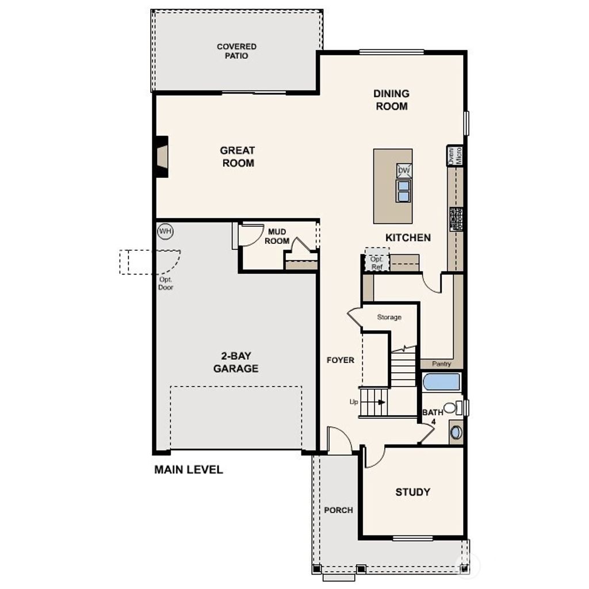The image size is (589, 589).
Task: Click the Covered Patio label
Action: pyautogui.click(x=236, y=51)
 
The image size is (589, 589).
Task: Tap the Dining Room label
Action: pyautogui.click(x=391, y=100)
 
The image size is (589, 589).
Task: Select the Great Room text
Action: pyautogui.click(x=237, y=156)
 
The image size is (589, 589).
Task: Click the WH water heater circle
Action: pyautogui.click(x=165, y=231)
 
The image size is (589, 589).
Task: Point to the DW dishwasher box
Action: pyautogui.click(x=404, y=170)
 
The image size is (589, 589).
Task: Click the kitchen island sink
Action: pyautogui.click(x=404, y=191)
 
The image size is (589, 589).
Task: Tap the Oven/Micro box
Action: pyautogui.click(x=455, y=155)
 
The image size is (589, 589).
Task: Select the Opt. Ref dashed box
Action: pyautogui.click(x=377, y=262)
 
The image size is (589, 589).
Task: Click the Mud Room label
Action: pyautogui.click(x=277, y=236)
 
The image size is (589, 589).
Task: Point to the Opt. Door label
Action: pyautogui.click(x=166, y=283)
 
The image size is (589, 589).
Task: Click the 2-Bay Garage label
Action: pyautogui.click(x=236, y=362)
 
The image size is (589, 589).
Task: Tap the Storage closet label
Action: pyautogui.click(x=389, y=317)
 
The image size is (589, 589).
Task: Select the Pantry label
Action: pyautogui.click(x=441, y=364)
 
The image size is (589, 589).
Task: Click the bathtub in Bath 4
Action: pyautogui.click(x=442, y=382)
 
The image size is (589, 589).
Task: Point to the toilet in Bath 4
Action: pyautogui.click(x=452, y=408)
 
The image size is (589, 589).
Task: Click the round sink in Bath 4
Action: pyautogui.click(x=456, y=432)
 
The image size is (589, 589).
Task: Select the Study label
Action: pyautogui.click(x=412, y=492)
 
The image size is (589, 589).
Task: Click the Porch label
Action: pyautogui.click(x=338, y=510)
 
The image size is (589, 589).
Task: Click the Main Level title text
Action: pyautogui.click(x=188, y=470)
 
